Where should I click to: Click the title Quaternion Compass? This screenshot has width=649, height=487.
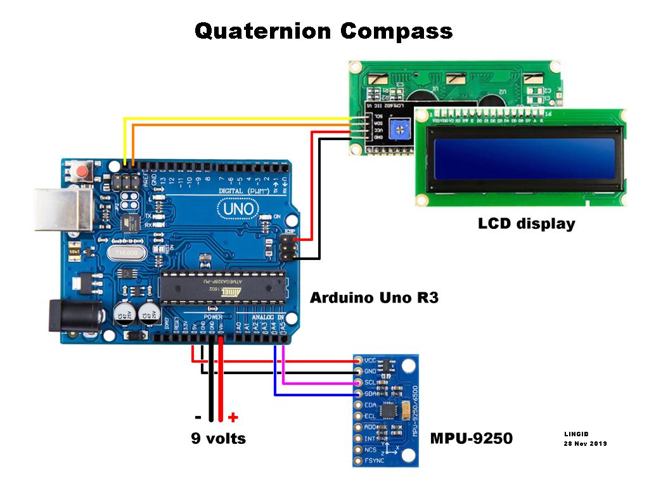click(x=323, y=30)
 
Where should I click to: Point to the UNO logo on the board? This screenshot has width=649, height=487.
click(x=238, y=209)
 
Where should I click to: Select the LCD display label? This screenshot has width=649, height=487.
click(x=526, y=223)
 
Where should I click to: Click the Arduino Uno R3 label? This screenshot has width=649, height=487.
click(x=374, y=297)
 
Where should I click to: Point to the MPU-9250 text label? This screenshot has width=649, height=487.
click(x=472, y=438)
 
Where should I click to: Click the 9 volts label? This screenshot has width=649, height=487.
click(x=218, y=438)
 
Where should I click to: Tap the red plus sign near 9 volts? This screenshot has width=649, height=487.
click(x=233, y=417)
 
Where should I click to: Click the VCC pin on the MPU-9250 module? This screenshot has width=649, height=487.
click(x=359, y=360)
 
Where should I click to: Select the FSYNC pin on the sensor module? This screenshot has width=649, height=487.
click(x=359, y=461)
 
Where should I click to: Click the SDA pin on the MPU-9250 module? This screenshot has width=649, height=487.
click(x=359, y=394)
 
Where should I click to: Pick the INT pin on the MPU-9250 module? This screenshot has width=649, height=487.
click(x=359, y=438)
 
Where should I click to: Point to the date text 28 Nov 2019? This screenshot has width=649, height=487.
click(x=585, y=443)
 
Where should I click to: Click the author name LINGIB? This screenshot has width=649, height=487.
click(x=576, y=434)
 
